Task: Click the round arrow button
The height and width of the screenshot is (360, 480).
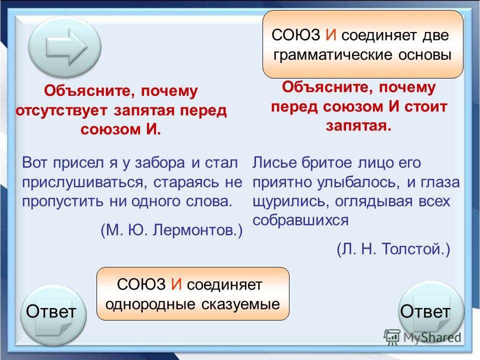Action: point(64,47)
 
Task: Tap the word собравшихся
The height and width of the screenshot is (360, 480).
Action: point(300,220)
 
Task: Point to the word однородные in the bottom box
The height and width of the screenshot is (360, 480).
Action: point(150,304)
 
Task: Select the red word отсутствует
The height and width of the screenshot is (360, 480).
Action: point(61,110)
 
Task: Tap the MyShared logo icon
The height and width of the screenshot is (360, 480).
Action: point(392,337)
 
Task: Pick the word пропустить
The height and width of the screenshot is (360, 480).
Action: point(62,202)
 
